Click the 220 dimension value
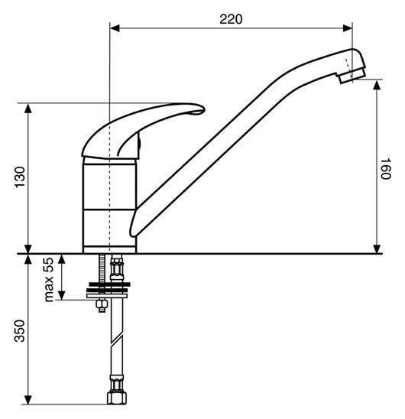(231, 19)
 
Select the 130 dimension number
(20, 177)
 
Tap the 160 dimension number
(385, 169)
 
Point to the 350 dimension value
(20, 331)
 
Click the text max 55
(49, 280)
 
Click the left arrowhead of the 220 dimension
(115, 28)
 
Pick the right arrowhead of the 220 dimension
(347, 28)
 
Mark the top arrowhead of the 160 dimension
(377, 85)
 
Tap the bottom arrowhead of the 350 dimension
(28, 399)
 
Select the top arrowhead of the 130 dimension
(28, 109)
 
